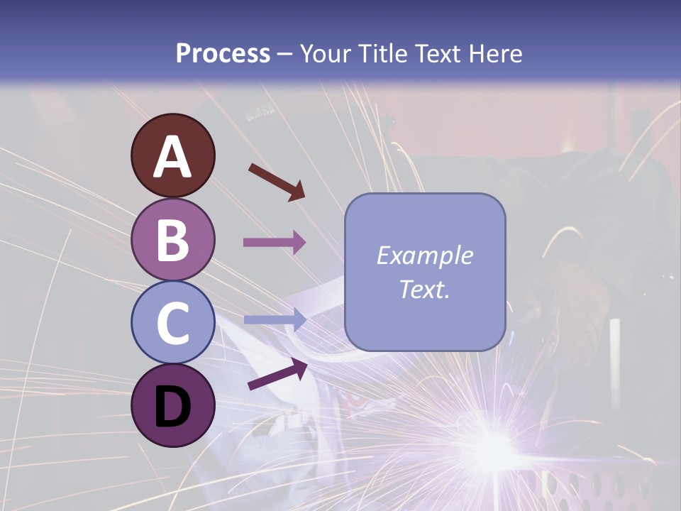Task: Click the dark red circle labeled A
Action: tap(173, 156)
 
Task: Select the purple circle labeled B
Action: tap(173, 239)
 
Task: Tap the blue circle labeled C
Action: tap(173, 322)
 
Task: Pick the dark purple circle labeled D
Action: tap(173, 405)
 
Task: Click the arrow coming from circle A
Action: tap(277, 181)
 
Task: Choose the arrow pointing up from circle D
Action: tap(277, 374)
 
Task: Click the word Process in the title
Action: tap(223, 54)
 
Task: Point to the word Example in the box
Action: tap(424, 255)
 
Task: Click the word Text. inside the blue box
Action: tap(424, 289)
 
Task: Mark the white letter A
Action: tap(173, 157)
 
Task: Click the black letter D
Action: tap(173, 407)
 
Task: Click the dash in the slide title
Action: tap(285, 55)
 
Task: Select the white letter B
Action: tap(173, 240)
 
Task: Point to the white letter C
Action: tap(173, 323)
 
